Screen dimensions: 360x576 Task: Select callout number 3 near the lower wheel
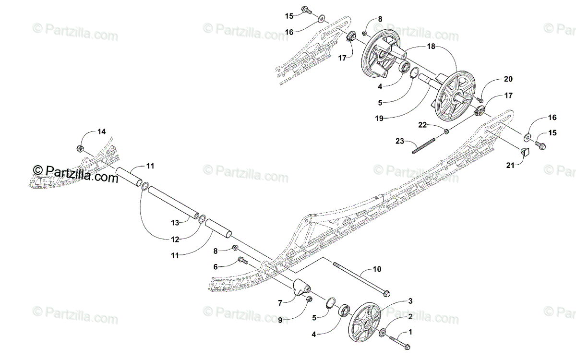pos(409,301)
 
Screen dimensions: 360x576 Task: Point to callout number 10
pos(377,269)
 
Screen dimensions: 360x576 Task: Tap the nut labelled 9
pos(309,299)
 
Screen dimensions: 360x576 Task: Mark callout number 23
pos(400,141)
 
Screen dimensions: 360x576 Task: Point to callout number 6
pos(216,266)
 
